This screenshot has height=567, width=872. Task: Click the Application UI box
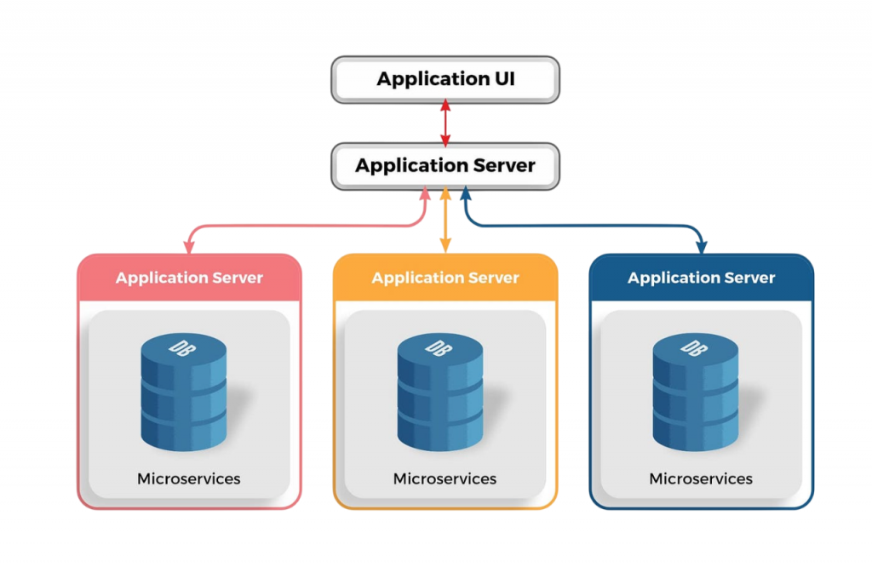click(445, 80)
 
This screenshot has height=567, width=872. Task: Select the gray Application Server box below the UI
click(445, 165)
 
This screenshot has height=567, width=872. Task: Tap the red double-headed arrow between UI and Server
click(445, 123)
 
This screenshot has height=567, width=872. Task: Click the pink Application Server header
click(189, 278)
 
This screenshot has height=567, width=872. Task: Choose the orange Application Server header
click(445, 278)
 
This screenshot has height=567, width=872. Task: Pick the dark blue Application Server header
click(701, 278)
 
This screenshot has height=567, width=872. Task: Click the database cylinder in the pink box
click(184, 392)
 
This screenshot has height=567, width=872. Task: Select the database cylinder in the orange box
click(439, 392)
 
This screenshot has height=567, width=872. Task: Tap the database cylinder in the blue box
click(696, 392)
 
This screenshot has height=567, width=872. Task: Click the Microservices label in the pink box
click(189, 478)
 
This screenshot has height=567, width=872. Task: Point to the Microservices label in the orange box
click(445, 478)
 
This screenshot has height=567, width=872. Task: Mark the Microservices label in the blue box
click(701, 478)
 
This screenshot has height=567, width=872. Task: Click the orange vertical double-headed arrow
click(445, 220)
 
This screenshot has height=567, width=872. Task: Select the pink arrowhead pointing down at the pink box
click(189, 246)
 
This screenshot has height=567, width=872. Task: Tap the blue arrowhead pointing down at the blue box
click(701, 246)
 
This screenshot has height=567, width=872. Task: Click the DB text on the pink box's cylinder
click(181, 348)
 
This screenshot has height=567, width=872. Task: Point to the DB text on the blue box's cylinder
click(692, 348)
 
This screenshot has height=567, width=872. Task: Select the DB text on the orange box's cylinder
click(436, 348)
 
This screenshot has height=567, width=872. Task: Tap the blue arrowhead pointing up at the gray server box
click(465, 195)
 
